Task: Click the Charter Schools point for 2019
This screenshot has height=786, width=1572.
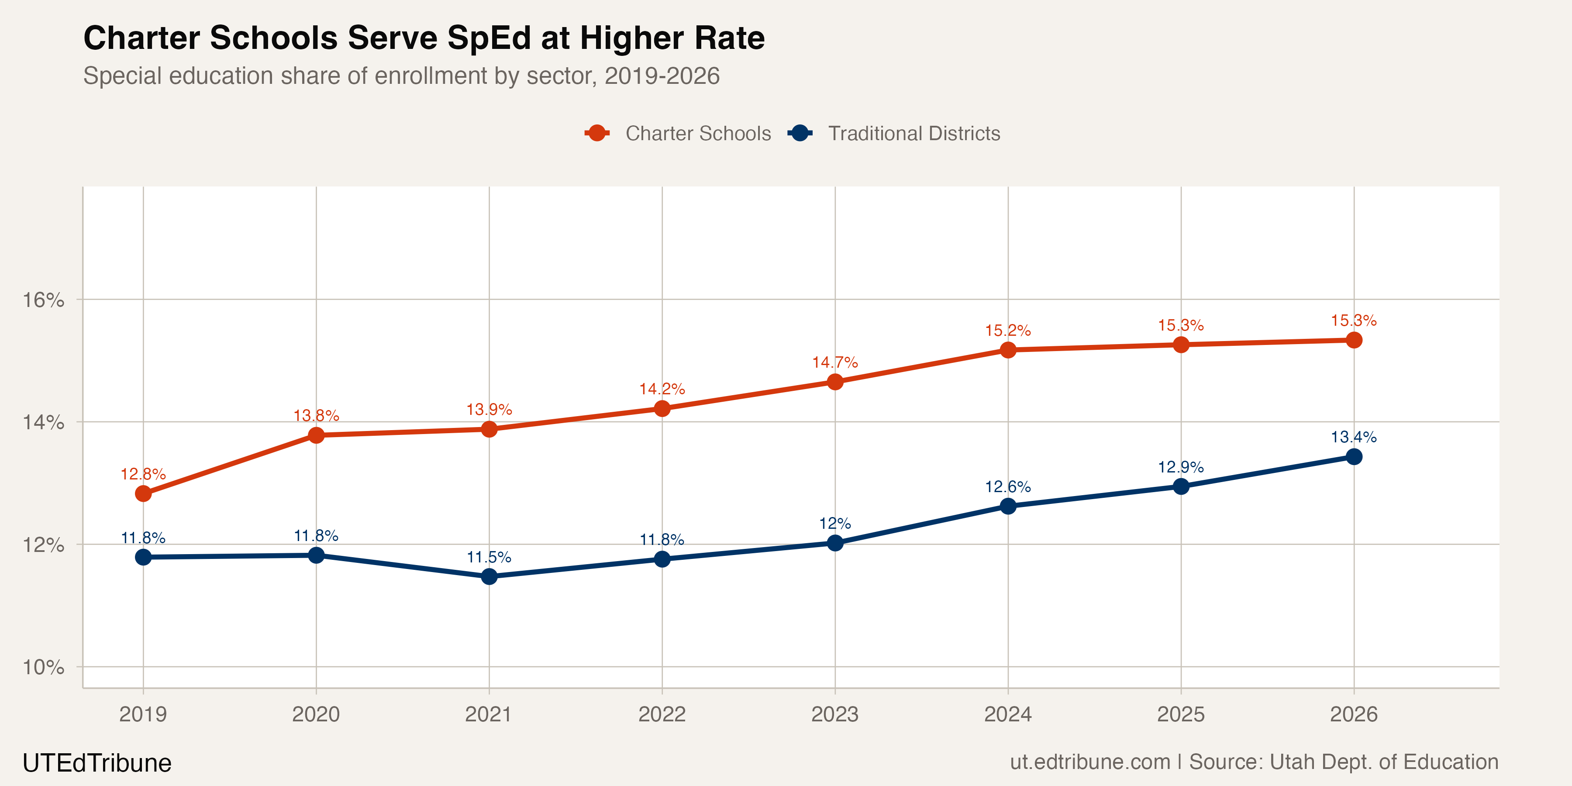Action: pyautogui.click(x=143, y=493)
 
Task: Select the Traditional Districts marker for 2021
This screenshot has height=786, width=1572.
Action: pyautogui.click(x=489, y=576)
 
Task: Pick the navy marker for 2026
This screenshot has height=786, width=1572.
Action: pyautogui.click(x=1354, y=456)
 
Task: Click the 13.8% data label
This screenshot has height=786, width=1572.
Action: pyautogui.click(x=316, y=416)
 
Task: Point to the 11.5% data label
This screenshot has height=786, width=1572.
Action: pyautogui.click(x=489, y=557)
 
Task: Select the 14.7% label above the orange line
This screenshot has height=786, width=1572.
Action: pyautogui.click(x=835, y=362)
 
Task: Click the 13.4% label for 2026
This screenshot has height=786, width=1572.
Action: pyautogui.click(x=1354, y=437)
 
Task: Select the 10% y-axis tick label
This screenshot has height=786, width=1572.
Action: pyautogui.click(x=43, y=667)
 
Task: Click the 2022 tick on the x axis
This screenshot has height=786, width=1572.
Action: pyautogui.click(x=662, y=714)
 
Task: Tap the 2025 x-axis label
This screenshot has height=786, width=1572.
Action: pyautogui.click(x=1181, y=714)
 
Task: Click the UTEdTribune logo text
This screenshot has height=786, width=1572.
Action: pyautogui.click(x=97, y=763)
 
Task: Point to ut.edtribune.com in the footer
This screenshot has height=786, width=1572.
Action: pyautogui.click(x=1090, y=762)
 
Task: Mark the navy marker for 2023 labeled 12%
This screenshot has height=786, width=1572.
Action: pyautogui.click(x=835, y=542)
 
